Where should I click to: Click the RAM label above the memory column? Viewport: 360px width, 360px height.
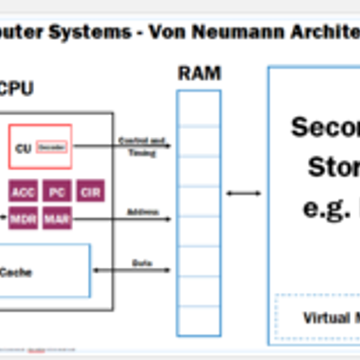tap(199, 74)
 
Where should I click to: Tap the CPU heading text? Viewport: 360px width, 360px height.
tap(16, 89)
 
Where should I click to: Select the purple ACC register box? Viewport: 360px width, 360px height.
tap(23, 192)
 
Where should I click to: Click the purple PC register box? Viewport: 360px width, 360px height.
tap(57, 192)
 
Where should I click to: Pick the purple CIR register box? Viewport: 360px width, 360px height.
tap(90, 192)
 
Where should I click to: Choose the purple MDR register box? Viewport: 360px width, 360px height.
tap(23, 218)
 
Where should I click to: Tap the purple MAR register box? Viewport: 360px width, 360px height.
tap(57, 218)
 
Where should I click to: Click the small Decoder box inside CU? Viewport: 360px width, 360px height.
tap(52, 147)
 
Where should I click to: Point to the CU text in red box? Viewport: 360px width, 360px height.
tap(23, 148)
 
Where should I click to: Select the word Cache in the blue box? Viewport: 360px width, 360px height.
tap(16, 272)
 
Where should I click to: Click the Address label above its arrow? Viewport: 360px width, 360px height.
tap(143, 212)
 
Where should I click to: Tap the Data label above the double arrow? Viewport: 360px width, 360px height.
tap(142, 263)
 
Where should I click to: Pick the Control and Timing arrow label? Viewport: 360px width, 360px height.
tap(142, 146)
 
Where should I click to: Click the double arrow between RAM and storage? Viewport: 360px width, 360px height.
tap(244, 193)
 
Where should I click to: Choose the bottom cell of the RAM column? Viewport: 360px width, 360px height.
tap(199, 321)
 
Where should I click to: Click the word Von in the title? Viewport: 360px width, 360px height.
tap(165, 32)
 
